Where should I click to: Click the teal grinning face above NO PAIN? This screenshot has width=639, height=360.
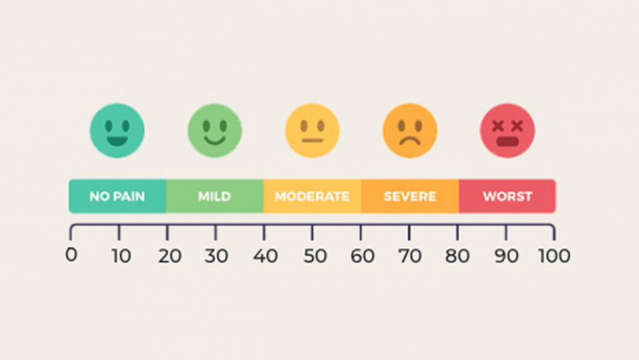tap(117, 131)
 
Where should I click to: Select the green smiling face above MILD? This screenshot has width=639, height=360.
tap(214, 131)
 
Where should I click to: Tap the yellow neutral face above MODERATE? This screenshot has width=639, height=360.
tap(312, 131)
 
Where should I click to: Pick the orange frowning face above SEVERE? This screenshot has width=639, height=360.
tap(410, 131)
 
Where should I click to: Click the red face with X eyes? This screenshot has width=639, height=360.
tap(507, 131)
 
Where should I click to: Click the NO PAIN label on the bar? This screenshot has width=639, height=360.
tap(117, 197)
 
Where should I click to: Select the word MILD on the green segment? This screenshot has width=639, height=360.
tap(214, 197)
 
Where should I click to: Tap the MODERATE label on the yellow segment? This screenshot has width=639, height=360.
tap(312, 197)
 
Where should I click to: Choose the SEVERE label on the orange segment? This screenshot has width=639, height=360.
tap(410, 197)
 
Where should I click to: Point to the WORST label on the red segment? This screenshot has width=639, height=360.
tap(507, 197)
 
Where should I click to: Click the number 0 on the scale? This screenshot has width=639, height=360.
tap(71, 255)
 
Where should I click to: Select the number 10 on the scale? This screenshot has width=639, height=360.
tap(120, 256)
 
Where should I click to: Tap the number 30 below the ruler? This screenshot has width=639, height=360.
tap(217, 256)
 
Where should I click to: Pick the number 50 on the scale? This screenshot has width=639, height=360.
tap(314, 256)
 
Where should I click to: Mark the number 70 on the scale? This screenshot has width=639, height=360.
tap(410, 256)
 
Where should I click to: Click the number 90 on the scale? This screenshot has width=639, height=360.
tap(507, 256)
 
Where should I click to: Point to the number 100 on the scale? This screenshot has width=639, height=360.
tap(553, 256)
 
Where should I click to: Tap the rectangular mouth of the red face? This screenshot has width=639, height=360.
tap(507, 141)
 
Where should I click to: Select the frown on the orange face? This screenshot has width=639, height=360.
tap(410, 140)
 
